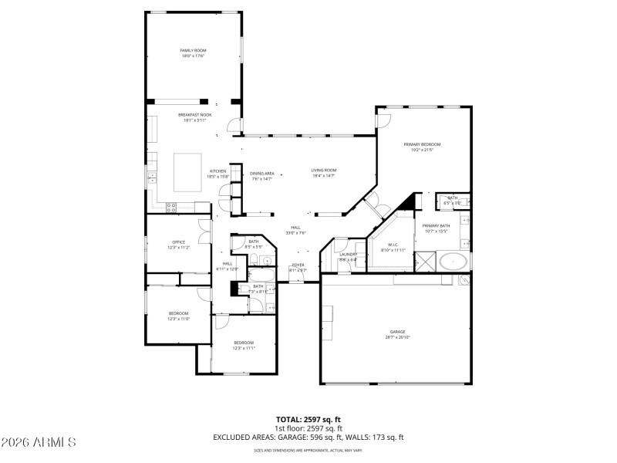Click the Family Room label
[194, 50]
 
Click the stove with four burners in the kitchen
[171, 206]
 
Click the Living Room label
[323, 170]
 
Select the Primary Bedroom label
[422, 144]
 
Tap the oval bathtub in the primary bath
[454, 261]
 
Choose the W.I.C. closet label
[393, 245]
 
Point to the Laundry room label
[348, 255]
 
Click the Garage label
[397, 333]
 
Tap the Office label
[178, 242]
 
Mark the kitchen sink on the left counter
[151, 177]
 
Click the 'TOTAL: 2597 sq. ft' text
[308, 420]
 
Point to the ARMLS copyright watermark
[39, 443]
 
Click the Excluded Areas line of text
[308, 437]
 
